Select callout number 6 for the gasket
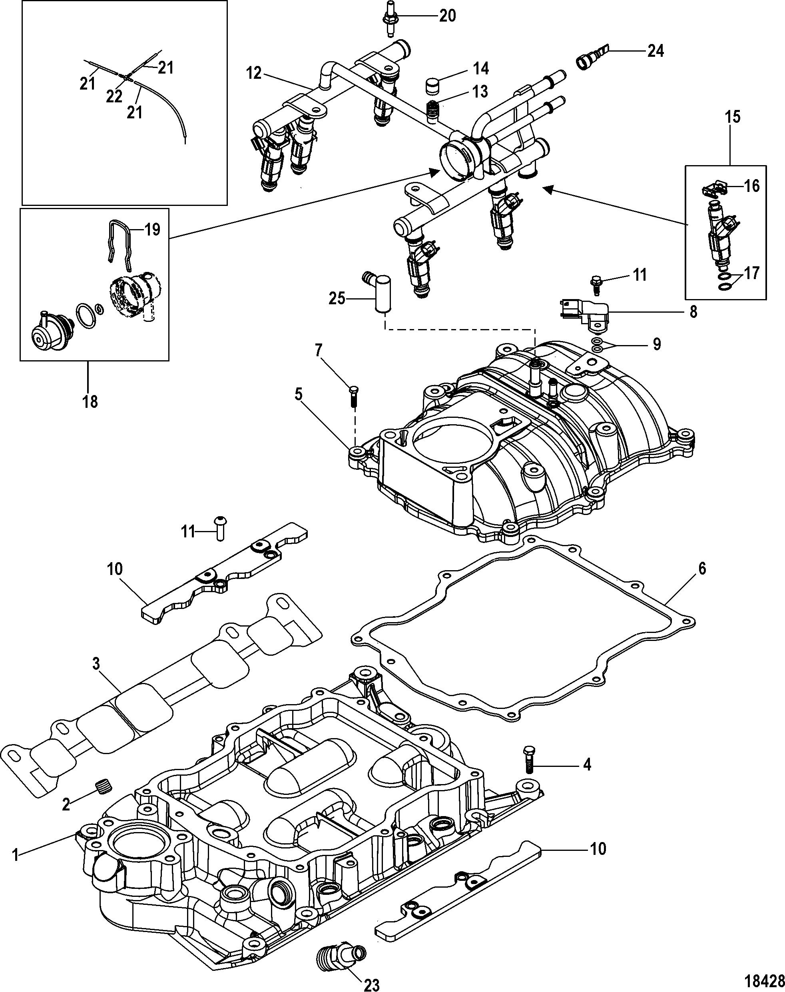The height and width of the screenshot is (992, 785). coord(701,569)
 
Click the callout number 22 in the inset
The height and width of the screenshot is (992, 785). coord(114,96)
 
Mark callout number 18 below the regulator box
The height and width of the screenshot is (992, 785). coord(90,401)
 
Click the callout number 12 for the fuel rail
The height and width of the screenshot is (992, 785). coord(254,73)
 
